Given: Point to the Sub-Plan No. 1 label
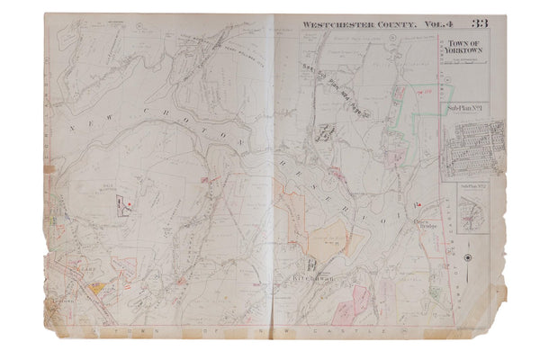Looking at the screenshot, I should [461, 108].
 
